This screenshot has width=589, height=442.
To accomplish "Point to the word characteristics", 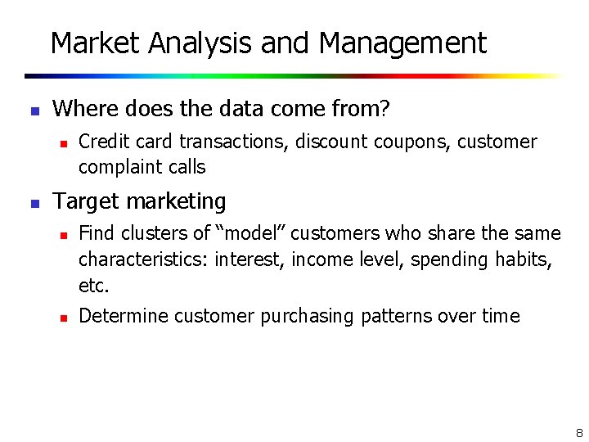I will point(144,259).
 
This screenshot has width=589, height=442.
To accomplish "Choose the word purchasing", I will point(307,316).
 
